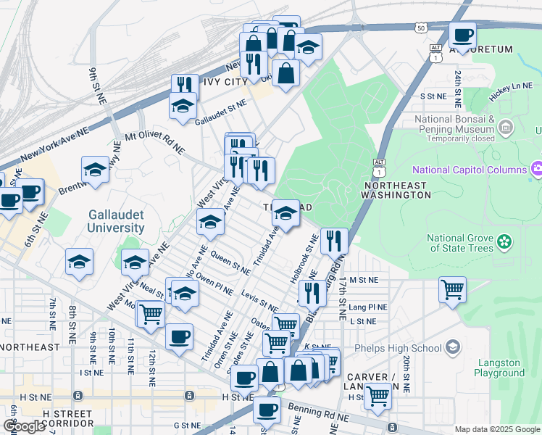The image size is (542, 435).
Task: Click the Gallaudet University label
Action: coord(117,221)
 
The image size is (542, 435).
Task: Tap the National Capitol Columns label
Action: coord(469,170)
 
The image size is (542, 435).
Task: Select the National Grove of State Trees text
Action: coord(459,243)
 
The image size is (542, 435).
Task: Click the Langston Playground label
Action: coord(499,367)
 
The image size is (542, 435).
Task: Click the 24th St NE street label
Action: coord(458,85)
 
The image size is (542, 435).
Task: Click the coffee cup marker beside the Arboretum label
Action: coord(462,34)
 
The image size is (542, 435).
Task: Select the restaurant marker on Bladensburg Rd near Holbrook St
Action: coord(333,240)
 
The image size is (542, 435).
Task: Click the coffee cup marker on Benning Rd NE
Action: coord(267,409)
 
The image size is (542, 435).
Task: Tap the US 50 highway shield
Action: coord(421,28)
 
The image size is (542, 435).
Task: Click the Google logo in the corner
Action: coord(24,426)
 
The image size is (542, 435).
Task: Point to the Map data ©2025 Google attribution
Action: coord(496,428)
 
